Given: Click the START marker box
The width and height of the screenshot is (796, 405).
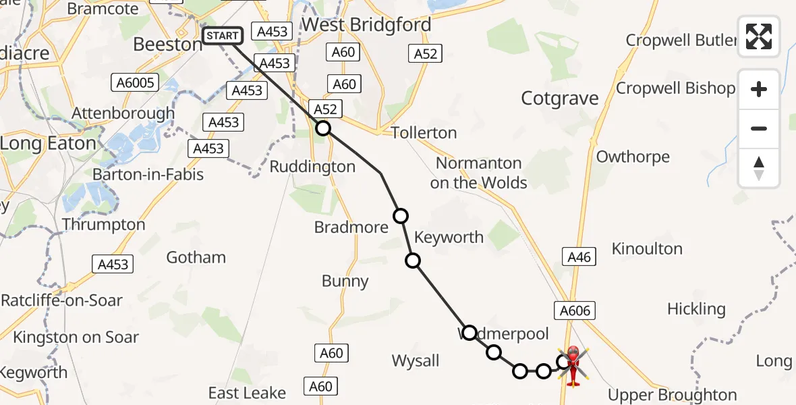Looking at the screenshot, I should pyautogui.click(x=222, y=36).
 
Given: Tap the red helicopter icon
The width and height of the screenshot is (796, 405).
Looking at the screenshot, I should pyautogui.click(x=573, y=365).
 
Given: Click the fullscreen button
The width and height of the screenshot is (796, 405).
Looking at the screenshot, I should pyautogui.click(x=759, y=36).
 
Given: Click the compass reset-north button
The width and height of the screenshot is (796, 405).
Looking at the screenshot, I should pyautogui.click(x=759, y=168).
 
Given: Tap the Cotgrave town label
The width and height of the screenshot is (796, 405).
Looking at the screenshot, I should pyautogui.click(x=560, y=99).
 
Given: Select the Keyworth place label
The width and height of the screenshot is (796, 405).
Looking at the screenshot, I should pyautogui.click(x=449, y=237).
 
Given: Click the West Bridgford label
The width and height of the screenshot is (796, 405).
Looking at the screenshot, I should pyautogui.click(x=366, y=25).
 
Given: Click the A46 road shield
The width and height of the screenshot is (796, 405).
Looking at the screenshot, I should pyautogui.click(x=579, y=256).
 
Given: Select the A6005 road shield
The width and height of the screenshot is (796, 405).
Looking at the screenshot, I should pyautogui.click(x=134, y=83).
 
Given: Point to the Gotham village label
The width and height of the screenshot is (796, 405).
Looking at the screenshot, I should pyautogui.click(x=196, y=257).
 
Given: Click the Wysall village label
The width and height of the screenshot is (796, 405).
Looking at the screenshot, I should pyautogui.click(x=416, y=361).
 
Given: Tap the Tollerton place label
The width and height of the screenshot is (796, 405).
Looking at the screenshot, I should pyautogui.click(x=424, y=133).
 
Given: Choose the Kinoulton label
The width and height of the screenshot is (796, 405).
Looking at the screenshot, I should pyautogui.click(x=647, y=249).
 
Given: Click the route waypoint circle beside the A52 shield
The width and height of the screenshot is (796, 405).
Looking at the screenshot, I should pyautogui.click(x=323, y=128).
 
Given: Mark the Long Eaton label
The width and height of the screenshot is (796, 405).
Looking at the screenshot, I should pyautogui.click(x=48, y=144).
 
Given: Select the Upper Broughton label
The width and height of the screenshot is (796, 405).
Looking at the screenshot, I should pyautogui.click(x=672, y=394).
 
